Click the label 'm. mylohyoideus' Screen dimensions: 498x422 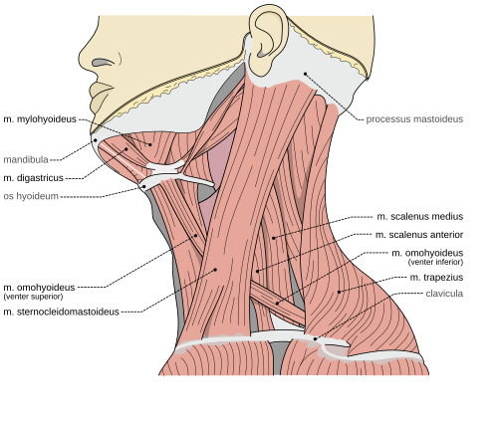tap(40, 119)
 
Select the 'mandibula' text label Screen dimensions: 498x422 tap(26, 160)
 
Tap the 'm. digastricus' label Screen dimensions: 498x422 tap(33, 178)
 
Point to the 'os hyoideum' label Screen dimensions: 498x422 tap(31, 196)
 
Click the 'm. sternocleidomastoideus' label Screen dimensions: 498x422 tap(61, 312)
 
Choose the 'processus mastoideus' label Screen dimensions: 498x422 tap(414, 119)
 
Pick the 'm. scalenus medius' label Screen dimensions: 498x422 tap(420, 217)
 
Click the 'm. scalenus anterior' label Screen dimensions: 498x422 tap(419, 235)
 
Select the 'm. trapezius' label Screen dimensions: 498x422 tap(436, 278)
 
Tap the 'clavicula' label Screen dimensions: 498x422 tap(444, 294)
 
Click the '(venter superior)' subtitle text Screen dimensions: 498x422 tap(33, 297)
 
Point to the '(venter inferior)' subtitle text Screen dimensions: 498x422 tap(435, 262)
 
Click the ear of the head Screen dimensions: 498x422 tap(268, 42)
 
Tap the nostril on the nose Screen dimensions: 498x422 tap(103, 62)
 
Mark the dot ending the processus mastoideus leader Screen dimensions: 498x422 tap(305, 74)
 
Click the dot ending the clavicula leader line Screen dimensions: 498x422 tap(315, 339)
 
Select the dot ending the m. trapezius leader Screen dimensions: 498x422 tap(339, 292)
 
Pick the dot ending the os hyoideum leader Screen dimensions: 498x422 tap(144, 186)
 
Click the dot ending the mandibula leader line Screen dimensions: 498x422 tap(96, 140)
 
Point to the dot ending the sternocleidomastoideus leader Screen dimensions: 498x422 tap(215, 270)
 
